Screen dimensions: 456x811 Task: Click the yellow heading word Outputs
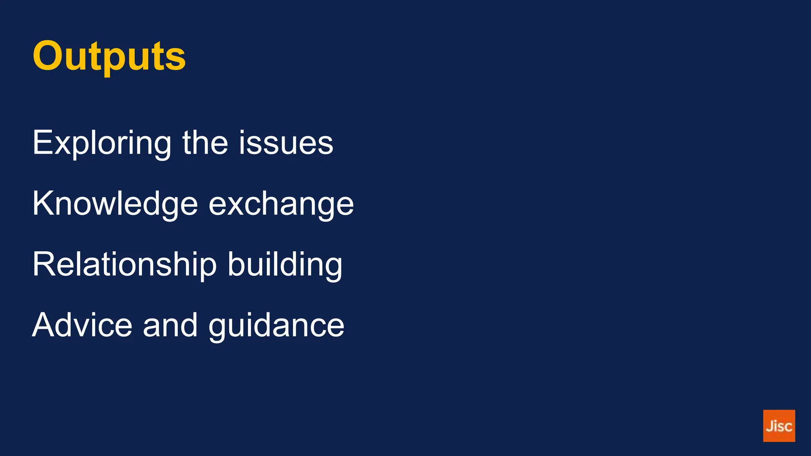(x=109, y=56)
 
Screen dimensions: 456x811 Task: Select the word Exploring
(x=102, y=143)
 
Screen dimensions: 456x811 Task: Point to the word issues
(x=286, y=143)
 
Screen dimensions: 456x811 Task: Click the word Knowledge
(x=115, y=203)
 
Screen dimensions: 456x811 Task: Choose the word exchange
(x=281, y=204)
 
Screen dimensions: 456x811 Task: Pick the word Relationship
(x=124, y=264)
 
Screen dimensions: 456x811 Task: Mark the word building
(x=285, y=264)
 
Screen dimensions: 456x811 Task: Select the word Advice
(x=82, y=325)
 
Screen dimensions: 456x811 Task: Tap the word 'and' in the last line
(x=170, y=325)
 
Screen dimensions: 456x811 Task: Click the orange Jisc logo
(x=779, y=426)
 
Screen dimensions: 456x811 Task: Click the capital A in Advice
(x=43, y=325)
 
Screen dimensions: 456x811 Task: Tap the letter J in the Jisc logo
(x=769, y=426)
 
